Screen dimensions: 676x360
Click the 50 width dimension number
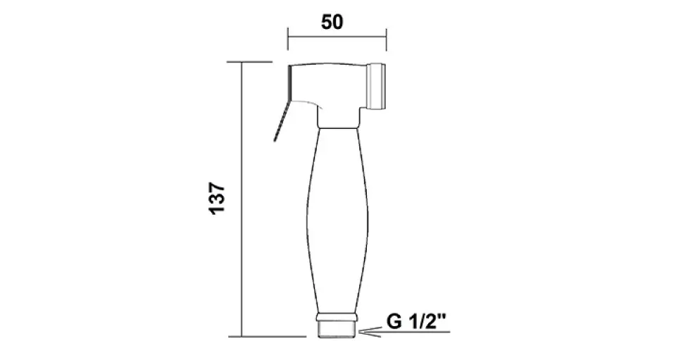[332, 22]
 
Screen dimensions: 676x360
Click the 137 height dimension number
[217, 199]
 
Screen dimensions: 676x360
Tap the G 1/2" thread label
[416, 321]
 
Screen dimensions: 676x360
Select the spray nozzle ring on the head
[378, 86]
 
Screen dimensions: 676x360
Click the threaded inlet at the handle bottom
[337, 330]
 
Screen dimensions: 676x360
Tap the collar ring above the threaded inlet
[337, 317]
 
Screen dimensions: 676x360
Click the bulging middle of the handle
[337, 220]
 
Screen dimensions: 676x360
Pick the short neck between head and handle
[339, 118]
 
